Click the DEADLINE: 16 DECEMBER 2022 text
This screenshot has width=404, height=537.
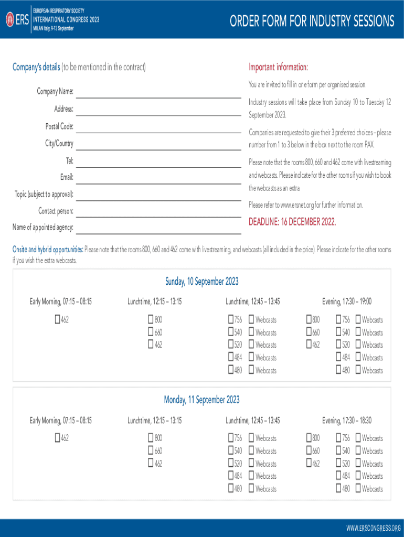pyautogui.click(x=292, y=222)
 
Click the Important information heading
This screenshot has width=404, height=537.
pyautogui.click(x=278, y=67)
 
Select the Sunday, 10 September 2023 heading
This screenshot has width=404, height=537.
pyautogui.click(x=202, y=282)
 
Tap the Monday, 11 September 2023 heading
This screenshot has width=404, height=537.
pyautogui.click(x=202, y=400)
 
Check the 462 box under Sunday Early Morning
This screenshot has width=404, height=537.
pyautogui.click(x=58, y=319)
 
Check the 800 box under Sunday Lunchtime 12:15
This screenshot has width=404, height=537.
pyautogui.click(x=151, y=319)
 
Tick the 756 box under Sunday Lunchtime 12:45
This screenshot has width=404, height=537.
pyautogui.click(x=231, y=319)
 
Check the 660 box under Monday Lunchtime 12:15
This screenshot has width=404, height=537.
pyautogui.click(x=151, y=450)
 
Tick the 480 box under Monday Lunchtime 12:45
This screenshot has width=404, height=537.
pyautogui.click(x=231, y=489)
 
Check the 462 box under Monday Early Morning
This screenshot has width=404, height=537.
pyautogui.click(x=58, y=438)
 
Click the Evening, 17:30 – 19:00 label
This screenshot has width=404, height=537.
pyautogui.click(x=347, y=302)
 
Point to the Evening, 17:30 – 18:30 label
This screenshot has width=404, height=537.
pyautogui.click(x=347, y=420)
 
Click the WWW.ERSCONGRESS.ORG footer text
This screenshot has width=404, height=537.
pyautogui.click(x=374, y=527)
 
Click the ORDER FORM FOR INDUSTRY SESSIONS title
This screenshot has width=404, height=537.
pyautogui.click(x=312, y=21)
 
